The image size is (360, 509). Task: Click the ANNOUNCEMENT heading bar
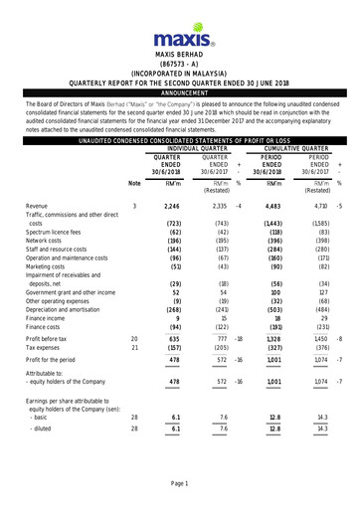(x=179, y=92)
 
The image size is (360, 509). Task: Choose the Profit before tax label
(x=54, y=339)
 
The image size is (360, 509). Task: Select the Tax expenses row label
(x=47, y=348)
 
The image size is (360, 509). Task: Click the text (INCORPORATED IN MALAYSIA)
(x=179, y=73)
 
